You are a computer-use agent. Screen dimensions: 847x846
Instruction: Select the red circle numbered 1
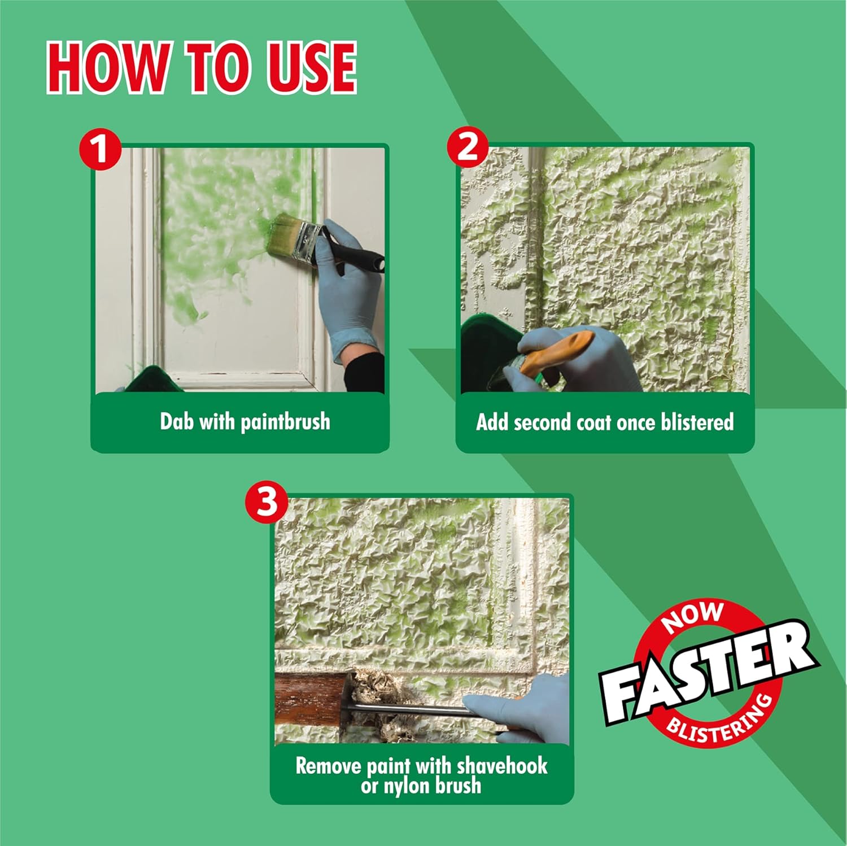(101, 150)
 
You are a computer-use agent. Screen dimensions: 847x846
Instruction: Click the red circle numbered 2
(468, 147)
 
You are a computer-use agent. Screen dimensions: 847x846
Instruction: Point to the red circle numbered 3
(267, 502)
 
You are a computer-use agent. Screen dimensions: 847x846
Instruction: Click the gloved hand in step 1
(344, 288)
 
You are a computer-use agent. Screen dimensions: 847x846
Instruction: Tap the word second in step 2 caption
(543, 422)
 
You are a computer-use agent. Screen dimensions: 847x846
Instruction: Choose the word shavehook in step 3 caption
(502, 766)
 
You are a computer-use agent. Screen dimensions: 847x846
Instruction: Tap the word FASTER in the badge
(708, 672)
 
